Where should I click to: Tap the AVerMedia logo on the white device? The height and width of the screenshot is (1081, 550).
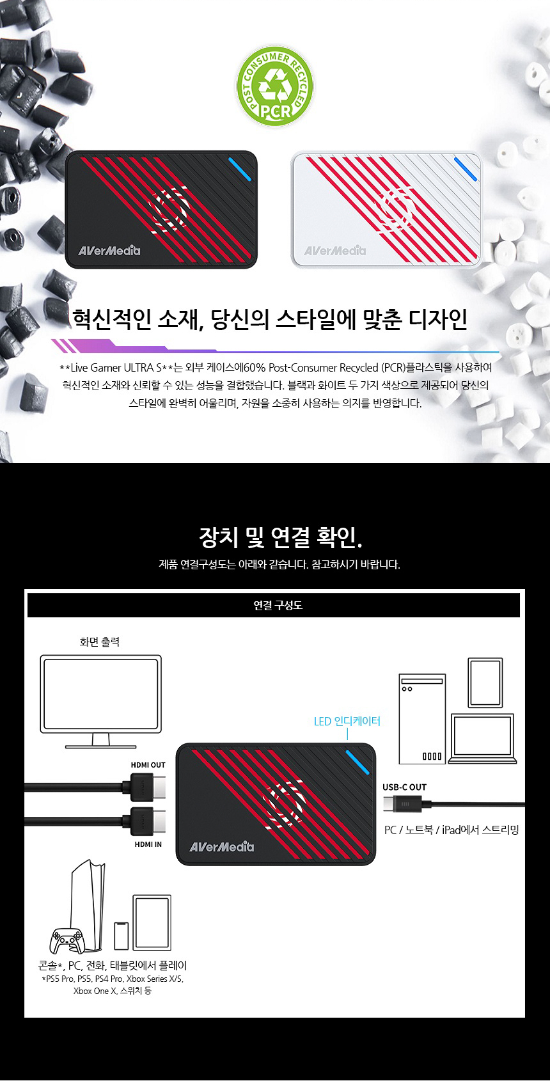coord(335,251)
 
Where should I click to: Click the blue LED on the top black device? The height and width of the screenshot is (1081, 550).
coord(240,169)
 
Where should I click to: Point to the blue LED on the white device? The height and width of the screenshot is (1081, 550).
coord(466,169)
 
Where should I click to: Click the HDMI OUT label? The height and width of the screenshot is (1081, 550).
coord(148,765)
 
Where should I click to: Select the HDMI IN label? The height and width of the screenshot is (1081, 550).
coord(148,844)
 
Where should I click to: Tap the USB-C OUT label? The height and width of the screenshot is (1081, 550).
coord(404,787)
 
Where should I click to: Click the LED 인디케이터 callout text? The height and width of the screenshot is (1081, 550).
coord(347,721)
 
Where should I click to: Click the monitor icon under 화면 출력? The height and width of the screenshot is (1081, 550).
coord(101,701)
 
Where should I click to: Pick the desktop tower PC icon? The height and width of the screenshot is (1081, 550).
coord(422,718)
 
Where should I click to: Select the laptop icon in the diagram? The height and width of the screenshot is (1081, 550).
coord(482,738)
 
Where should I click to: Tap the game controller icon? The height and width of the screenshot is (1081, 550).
coord(68,940)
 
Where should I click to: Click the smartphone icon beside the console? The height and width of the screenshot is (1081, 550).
coord(121,936)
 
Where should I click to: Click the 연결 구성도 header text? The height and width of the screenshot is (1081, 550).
coord(278,605)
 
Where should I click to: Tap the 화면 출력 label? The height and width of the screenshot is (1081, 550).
coord(99,642)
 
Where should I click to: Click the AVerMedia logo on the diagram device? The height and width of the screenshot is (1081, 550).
coord(221,846)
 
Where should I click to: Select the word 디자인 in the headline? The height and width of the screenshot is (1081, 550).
coord(437,319)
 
